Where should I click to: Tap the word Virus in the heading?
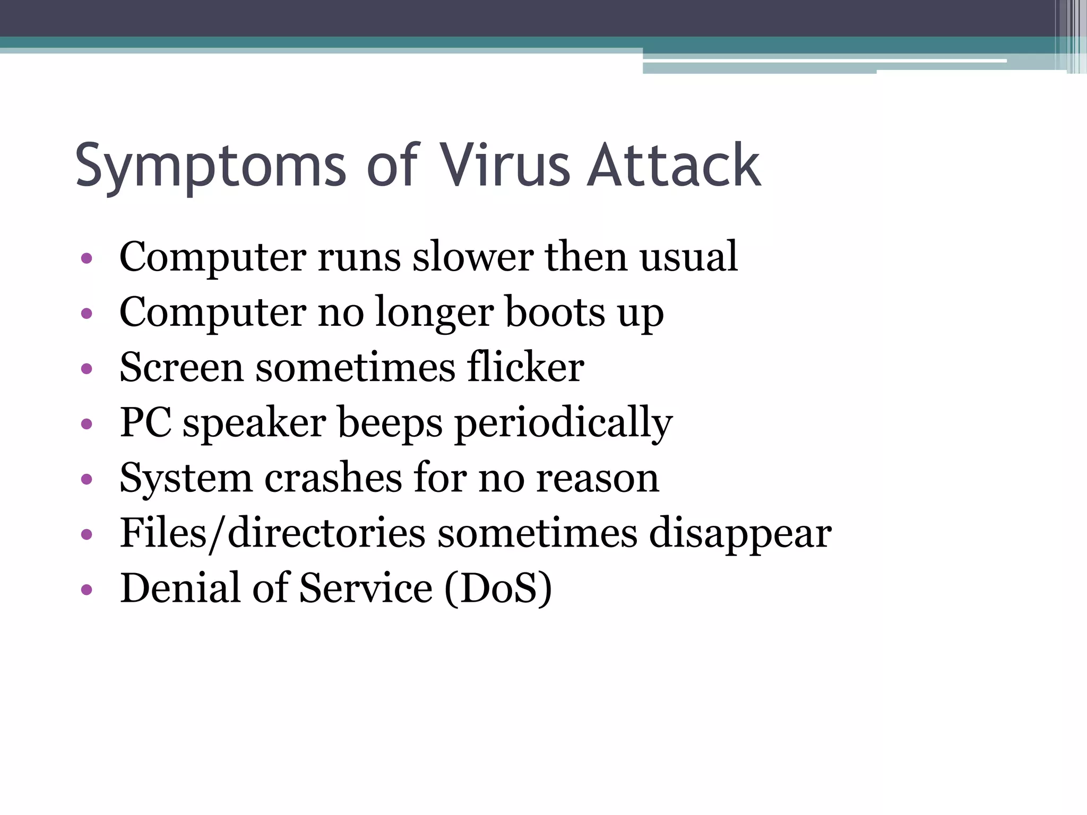coord(505,166)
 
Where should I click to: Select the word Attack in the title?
coord(674,166)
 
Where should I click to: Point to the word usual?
coord(688,257)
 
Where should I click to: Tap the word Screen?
coord(181,367)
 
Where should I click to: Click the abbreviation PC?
coord(145,422)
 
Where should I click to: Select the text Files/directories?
coord(272,533)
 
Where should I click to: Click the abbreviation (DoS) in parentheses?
coord(498,589)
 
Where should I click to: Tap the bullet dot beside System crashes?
coord(87,479)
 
